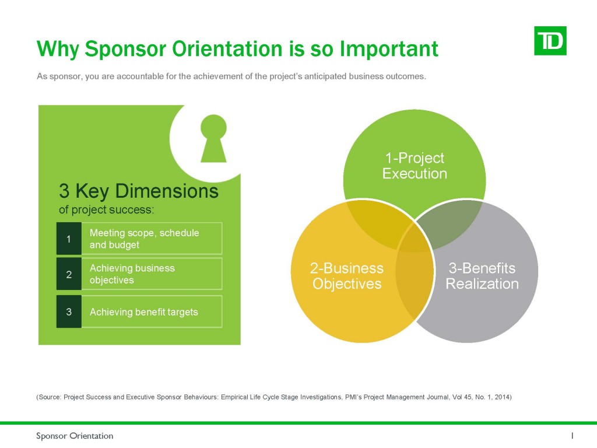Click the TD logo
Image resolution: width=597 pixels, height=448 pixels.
point(550,41)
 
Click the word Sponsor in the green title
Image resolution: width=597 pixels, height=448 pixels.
point(125,49)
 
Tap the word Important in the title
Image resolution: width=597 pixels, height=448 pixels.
point(389,49)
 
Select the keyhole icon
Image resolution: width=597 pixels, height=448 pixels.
point(213,138)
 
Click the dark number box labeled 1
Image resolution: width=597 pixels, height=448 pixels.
point(69,239)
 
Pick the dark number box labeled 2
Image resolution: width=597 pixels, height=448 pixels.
point(69,274)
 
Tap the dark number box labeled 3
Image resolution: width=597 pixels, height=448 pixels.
point(69,311)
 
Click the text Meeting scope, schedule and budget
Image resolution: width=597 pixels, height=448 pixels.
point(145,239)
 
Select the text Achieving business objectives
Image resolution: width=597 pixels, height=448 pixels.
point(132,274)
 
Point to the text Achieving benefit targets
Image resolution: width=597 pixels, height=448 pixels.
point(144,312)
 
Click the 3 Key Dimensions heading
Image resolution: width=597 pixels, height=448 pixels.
point(139,191)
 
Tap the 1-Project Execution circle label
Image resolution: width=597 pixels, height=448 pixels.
point(415,166)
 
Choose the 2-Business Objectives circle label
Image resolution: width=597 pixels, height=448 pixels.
point(347,276)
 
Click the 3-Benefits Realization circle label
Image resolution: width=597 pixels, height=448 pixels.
point(482,276)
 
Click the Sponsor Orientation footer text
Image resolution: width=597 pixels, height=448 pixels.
point(75,436)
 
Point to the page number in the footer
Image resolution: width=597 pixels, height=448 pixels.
point(573,435)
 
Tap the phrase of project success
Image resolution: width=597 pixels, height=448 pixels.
point(106,210)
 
